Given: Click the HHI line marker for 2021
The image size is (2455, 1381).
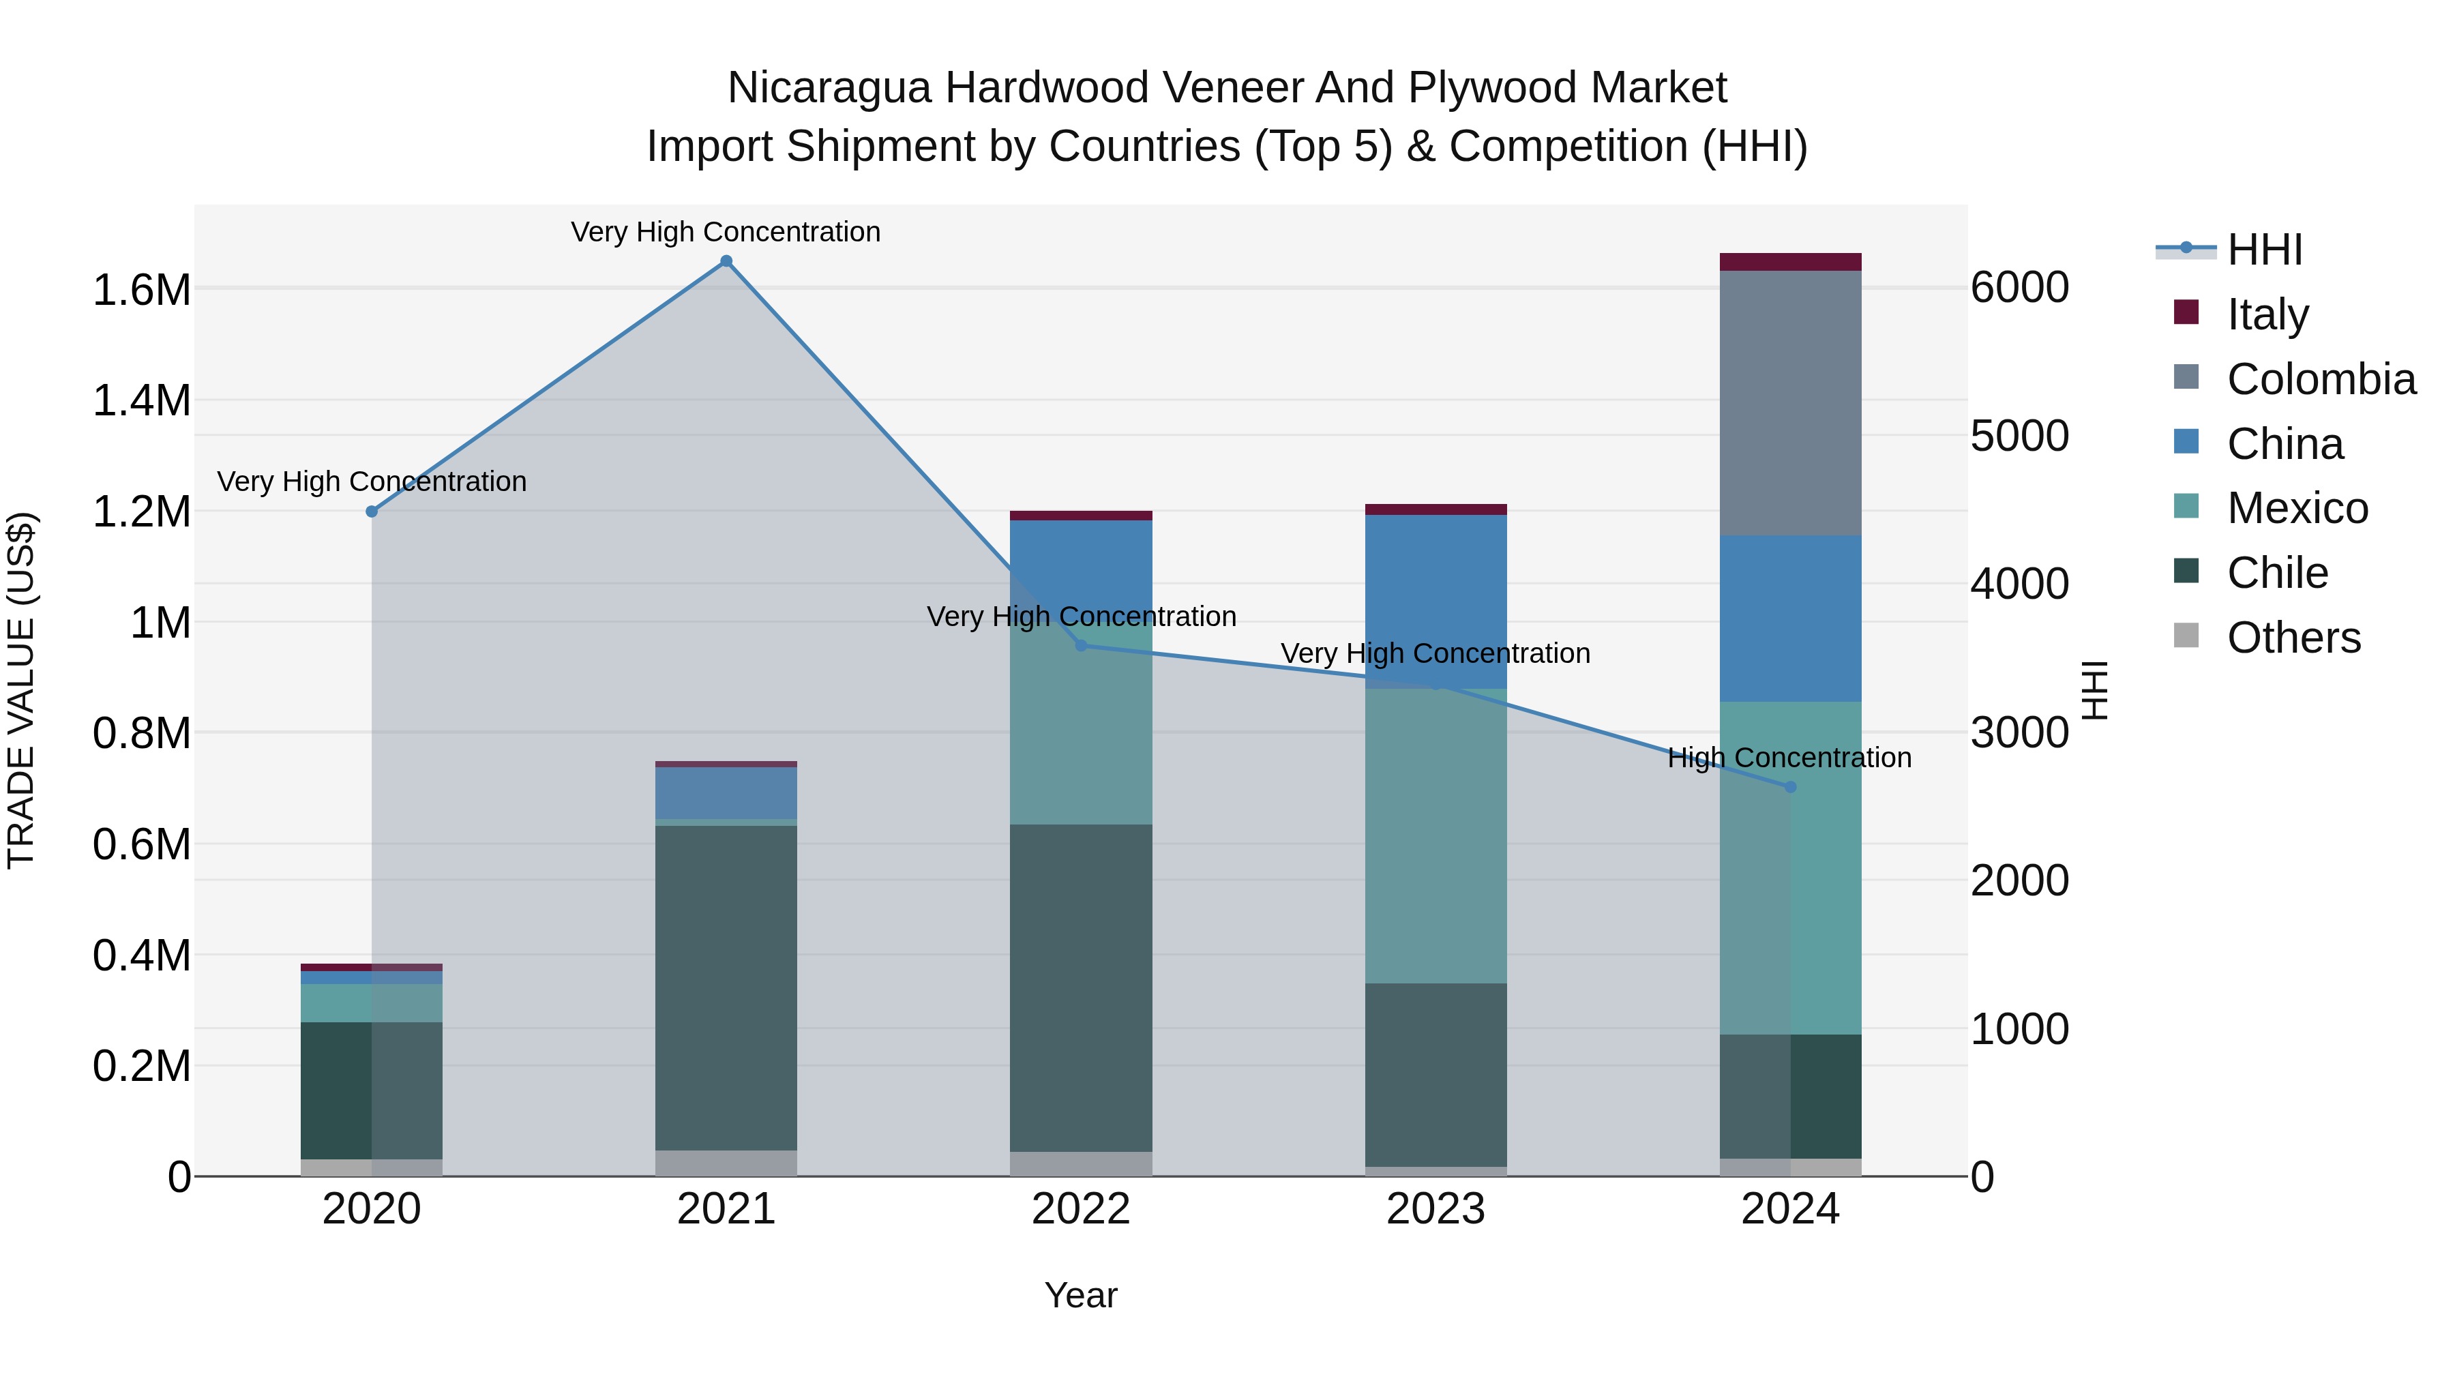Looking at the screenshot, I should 726,261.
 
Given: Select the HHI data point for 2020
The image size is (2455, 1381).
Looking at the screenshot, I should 372,511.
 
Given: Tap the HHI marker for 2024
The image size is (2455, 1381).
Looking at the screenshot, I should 1790,787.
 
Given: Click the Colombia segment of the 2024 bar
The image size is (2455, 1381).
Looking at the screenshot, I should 1790,403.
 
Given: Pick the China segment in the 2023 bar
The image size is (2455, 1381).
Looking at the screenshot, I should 1435,600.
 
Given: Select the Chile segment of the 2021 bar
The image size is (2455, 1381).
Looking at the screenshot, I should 726,988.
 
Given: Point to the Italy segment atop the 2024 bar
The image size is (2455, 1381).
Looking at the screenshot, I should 1790,262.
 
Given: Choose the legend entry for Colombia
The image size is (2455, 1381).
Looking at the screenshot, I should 2320,379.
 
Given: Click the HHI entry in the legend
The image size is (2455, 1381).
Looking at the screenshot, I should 2263,250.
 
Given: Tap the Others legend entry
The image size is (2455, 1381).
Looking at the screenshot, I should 2293,638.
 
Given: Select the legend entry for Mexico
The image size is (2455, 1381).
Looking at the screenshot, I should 2297,508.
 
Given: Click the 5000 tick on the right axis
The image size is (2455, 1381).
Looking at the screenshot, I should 2019,436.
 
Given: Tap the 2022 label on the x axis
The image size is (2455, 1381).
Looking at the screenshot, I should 1081,1209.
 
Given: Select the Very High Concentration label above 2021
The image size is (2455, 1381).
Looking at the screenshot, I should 726,232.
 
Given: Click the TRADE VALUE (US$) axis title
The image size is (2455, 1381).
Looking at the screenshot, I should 21,690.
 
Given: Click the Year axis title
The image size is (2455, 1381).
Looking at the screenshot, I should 1081,1295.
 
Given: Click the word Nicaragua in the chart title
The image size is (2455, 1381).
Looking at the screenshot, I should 828,88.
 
